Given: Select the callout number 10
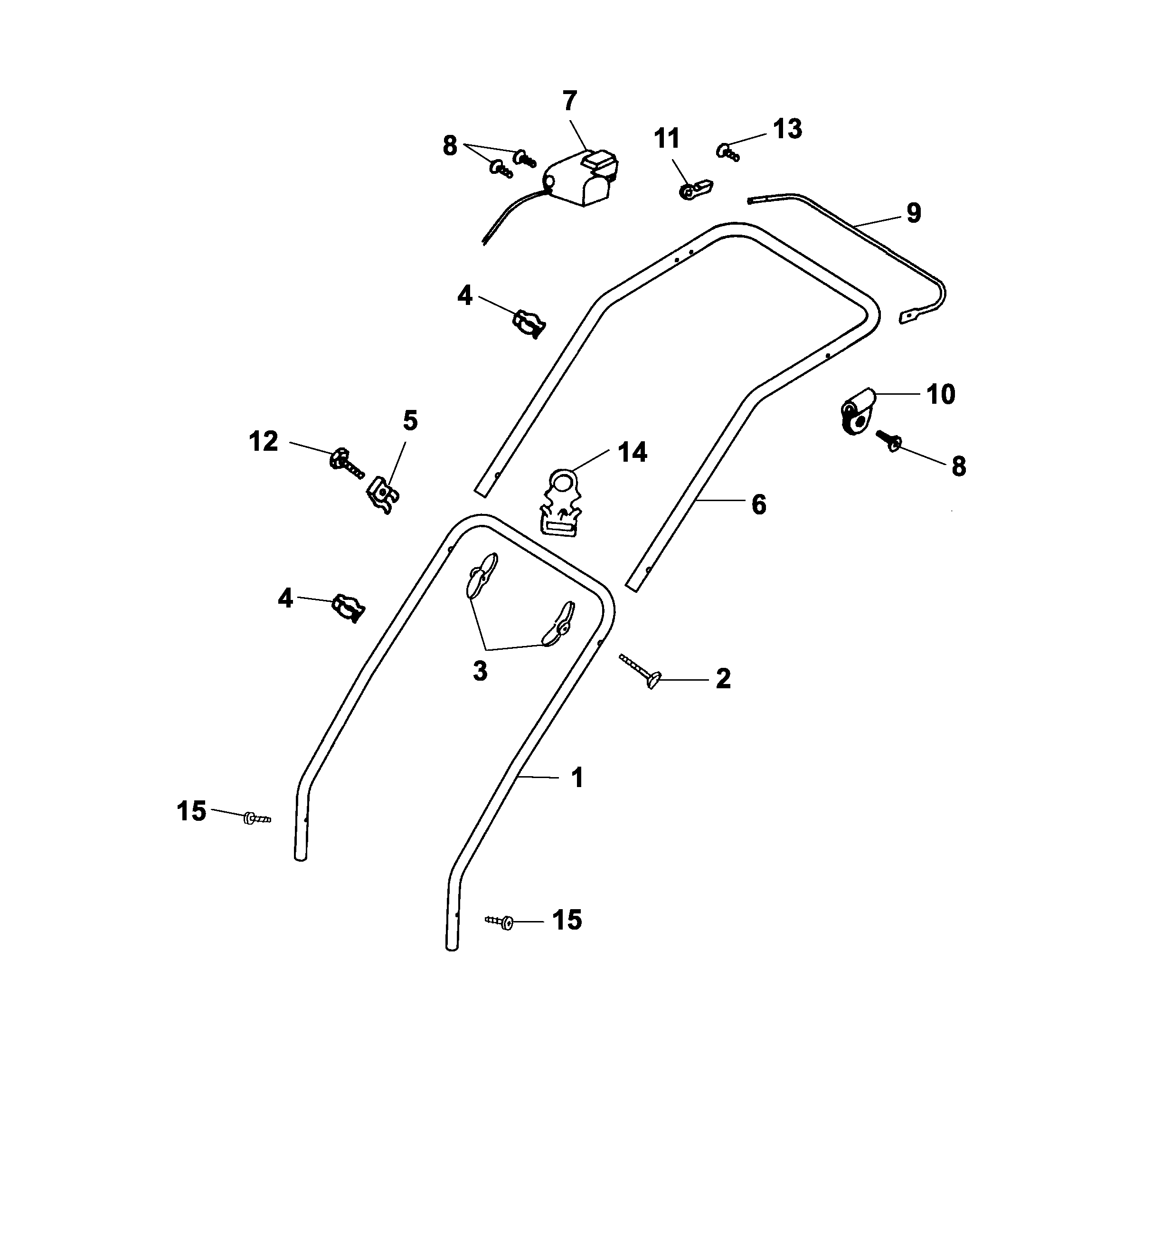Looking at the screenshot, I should pos(941,394).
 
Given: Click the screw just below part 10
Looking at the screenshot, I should pos(888,441).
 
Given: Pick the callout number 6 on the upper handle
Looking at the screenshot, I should pos(759,504).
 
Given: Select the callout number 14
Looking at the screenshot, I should pos(632,452).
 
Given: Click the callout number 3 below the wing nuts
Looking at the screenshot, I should pos(480,672).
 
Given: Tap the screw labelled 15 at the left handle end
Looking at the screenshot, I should pos(256,818).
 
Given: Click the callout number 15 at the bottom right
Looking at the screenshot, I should pos(567,920).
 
